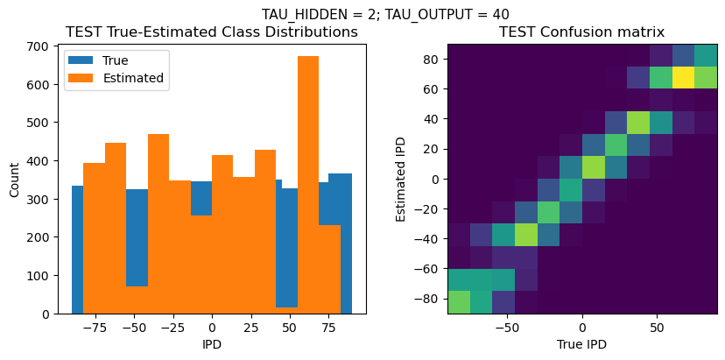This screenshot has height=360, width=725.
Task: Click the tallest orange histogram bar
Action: pyautogui.click(x=308, y=184)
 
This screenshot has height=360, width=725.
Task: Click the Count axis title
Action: pyautogui.click(x=15, y=179)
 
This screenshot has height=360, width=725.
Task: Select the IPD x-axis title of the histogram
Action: pyautogui.click(x=211, y=344)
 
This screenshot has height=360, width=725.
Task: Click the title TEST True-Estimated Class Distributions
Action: pyautogui.click(x=211, y=32)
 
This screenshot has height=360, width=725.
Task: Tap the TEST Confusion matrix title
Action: pyautogui.click(x=581, y=32)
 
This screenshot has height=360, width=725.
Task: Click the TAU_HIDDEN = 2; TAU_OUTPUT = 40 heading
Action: pyautogui.click(x=385, y=13)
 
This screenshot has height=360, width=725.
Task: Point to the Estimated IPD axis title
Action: pyautogui.click(x=401, y=179)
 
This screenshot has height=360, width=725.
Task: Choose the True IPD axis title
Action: pyautogui.click(x=581, y=344)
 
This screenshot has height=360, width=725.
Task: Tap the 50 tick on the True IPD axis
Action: pyautogui.click(x=657, y=327)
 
